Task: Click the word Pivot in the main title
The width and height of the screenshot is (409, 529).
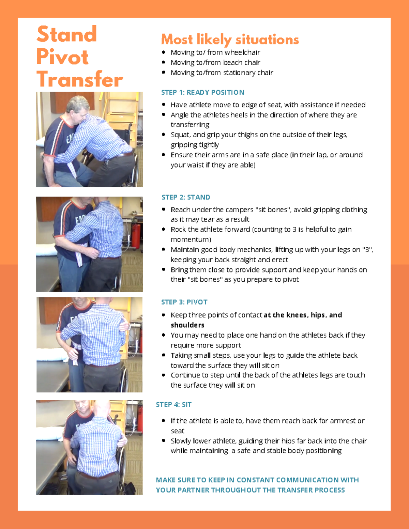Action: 62,57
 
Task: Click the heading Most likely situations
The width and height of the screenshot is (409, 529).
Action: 230,40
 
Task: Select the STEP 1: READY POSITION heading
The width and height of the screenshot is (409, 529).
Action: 202,92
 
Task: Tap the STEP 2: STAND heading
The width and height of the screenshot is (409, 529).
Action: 186,197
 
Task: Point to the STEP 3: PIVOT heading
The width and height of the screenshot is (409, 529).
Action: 184,302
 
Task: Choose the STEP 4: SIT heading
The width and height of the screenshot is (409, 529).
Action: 173,405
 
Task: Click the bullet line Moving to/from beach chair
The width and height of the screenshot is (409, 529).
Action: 215,63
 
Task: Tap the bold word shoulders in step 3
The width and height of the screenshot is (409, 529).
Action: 187,325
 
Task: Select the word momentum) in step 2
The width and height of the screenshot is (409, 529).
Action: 191,239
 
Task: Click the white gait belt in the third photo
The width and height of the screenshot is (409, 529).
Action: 76,353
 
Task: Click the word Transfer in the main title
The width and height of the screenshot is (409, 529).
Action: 80,79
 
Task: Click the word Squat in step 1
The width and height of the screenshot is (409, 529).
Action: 180,135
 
